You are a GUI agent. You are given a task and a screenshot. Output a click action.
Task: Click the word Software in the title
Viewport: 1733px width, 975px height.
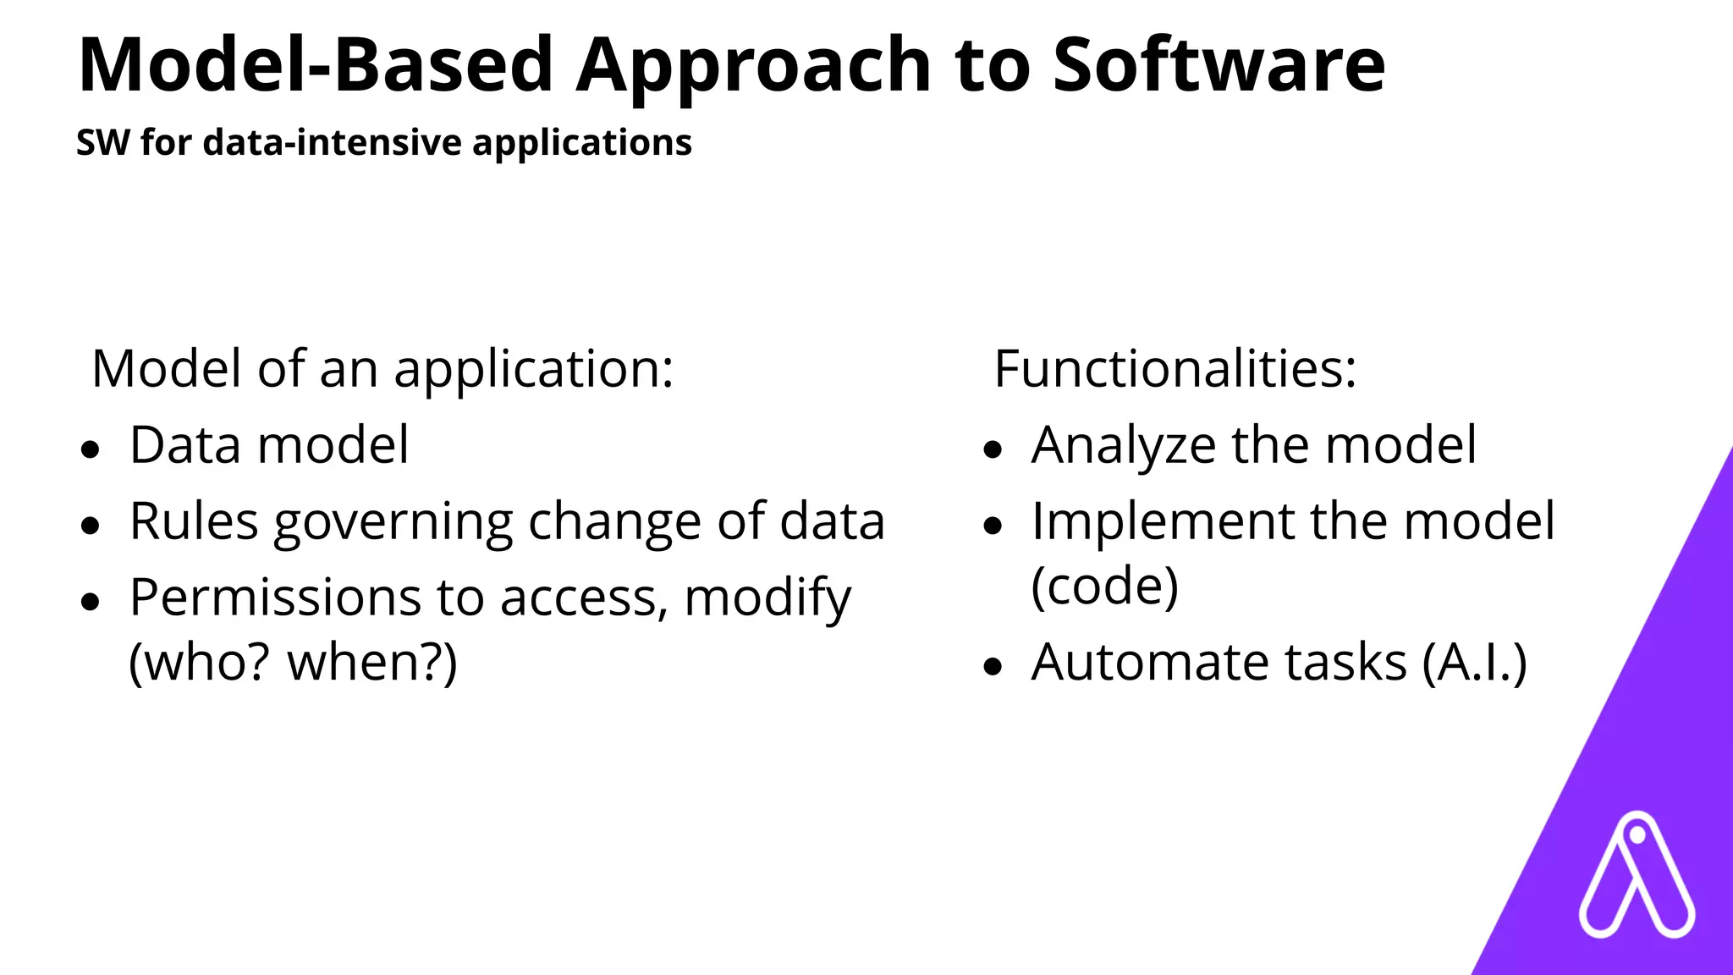point(1219,66)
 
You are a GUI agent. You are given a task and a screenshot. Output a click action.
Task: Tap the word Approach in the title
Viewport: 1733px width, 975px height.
point(753,66)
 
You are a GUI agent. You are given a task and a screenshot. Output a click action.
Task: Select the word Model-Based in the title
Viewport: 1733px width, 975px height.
point(315,66)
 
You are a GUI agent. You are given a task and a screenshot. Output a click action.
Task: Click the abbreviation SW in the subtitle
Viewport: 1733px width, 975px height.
point(102,142)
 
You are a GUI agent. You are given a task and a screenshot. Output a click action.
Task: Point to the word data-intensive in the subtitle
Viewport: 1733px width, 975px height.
point(333,142)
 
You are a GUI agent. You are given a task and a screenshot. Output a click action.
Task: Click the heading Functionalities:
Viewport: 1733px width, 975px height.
point(1175,369)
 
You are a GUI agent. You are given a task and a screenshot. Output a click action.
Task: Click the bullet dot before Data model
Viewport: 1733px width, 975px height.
point(91,449)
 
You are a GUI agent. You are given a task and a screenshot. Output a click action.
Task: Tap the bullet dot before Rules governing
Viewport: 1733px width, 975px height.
point(91,526)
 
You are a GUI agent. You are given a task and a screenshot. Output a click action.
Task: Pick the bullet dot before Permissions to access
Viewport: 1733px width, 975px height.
point(91,602)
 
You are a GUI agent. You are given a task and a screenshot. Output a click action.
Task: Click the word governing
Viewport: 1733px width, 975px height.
point(393,522)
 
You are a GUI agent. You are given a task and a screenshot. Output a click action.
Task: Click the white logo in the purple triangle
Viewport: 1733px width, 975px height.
point(1636,875)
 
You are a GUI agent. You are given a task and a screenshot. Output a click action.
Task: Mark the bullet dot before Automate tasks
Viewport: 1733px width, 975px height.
point(993,666)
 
